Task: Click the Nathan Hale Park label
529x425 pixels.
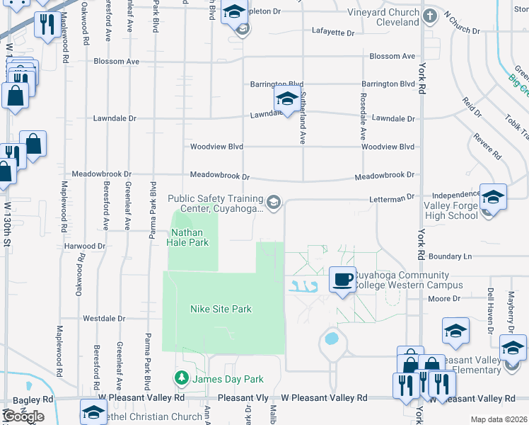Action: (187, 237)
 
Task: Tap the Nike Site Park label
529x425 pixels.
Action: (221, 309)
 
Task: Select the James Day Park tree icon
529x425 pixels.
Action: (182, 379)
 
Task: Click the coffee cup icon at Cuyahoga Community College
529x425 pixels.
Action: (342, 278)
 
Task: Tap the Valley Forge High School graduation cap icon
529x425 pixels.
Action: (493, 197)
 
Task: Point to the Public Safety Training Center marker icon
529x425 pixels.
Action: (274, 204)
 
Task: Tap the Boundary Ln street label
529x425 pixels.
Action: (448, 256)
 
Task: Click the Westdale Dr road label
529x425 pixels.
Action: (104, 319)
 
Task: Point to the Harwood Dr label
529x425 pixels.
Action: (84, 246)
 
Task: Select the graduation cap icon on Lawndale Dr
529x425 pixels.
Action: (287, 100)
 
